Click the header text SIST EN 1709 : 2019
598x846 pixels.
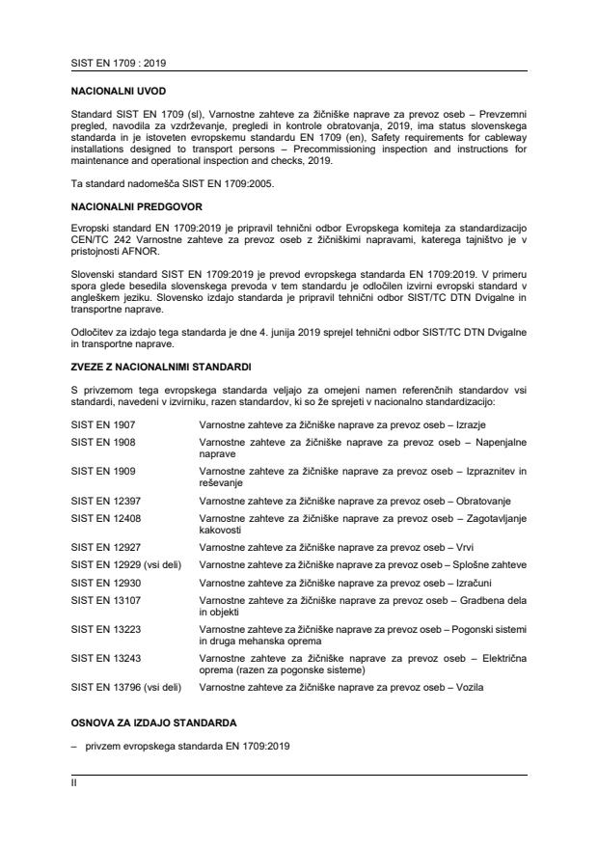111,63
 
